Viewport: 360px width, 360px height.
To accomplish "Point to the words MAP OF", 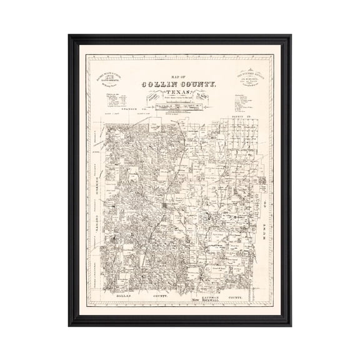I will click(180, 77).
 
